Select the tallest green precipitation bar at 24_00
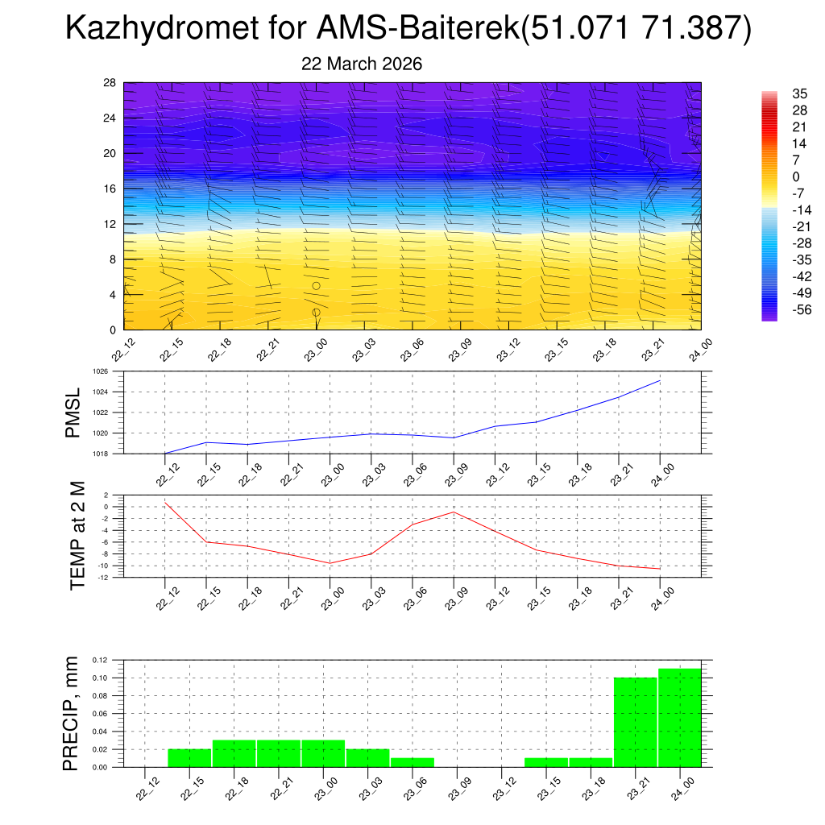(679, 718)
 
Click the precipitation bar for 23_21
(635, 722)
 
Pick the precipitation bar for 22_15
(189, 758)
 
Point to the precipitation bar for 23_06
(412, 762)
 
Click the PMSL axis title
(73, 413)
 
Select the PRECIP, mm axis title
(73, 713)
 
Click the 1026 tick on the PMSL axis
(100, 371)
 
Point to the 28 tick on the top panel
(110, 82)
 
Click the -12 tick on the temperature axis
(102, 577)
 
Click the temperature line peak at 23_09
(454, 512)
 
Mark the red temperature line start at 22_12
(165, 503)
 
